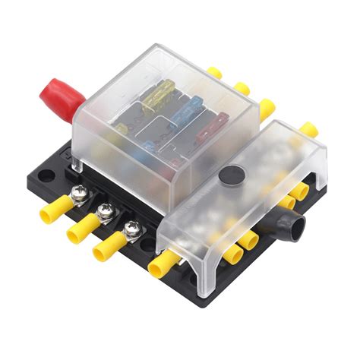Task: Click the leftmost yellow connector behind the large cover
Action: coord(215,73)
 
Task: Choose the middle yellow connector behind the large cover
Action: coord(241,89)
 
